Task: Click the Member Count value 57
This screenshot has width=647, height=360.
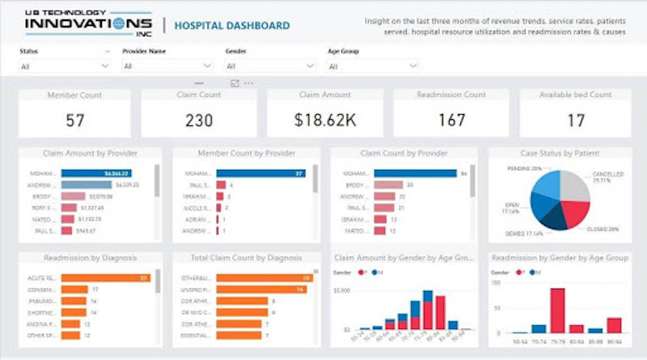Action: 75,121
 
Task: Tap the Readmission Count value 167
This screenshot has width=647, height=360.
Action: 450,121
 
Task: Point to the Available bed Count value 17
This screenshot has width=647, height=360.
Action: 576,121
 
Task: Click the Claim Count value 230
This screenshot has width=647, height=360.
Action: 198,121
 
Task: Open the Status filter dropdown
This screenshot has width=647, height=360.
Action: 65,66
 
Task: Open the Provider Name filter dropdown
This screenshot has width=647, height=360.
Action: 167,66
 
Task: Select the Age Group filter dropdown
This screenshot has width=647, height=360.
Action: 374,66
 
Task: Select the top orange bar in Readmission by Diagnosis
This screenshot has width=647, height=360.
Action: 104,277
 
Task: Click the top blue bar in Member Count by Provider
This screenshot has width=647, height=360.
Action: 260,173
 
